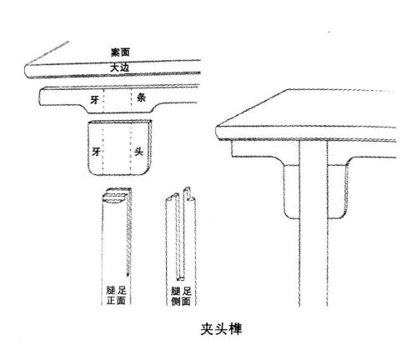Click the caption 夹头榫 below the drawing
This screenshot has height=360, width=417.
[221, 329]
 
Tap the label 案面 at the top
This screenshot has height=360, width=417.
[120, 52]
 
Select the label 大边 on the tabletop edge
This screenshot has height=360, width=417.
[119, 67]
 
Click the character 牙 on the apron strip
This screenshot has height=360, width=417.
[94, 99]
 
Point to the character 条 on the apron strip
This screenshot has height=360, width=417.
[141, 97]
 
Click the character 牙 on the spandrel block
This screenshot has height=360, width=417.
[96, 152]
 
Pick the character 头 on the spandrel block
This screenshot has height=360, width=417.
[138, 152]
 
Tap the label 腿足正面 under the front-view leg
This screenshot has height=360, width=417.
[116, 296]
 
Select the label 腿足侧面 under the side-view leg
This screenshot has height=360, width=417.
[181, 297]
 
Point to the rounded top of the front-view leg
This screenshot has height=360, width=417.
[116, 195]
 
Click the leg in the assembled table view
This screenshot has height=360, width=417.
[314, 222]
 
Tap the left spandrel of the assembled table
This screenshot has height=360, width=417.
[291, 191]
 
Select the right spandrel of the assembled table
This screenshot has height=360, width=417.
[337, 191]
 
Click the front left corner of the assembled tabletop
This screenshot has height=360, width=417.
[218, 127]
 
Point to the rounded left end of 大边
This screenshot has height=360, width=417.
[26, 71]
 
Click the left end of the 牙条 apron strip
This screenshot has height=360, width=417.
[40, 97]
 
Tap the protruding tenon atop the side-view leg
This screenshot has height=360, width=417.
[188, 193]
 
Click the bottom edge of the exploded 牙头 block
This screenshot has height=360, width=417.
[118, 175]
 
